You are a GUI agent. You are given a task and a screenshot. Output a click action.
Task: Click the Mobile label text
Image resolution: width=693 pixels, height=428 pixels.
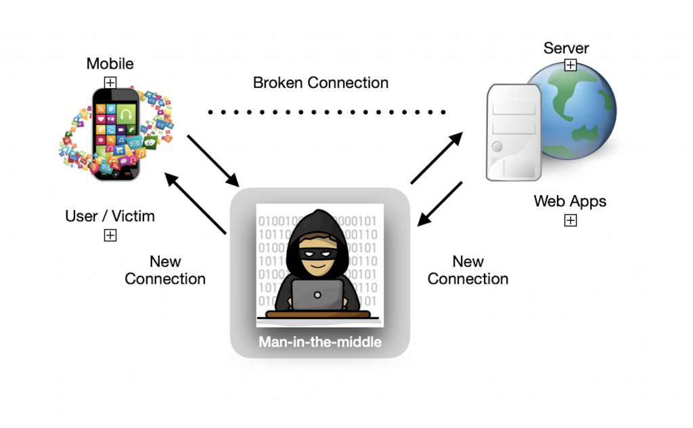[x=110, y=64]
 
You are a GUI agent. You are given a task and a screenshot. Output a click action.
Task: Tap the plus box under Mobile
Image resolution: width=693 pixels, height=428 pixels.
[x=110, y=82]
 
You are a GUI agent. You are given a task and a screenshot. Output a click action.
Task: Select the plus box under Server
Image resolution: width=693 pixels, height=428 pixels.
[x=571, y=65]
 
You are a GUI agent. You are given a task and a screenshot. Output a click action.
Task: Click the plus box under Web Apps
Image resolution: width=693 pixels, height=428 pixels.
[x=571, y=220]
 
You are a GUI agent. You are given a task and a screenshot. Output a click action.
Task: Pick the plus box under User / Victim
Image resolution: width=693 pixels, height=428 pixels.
[x=110, y=235]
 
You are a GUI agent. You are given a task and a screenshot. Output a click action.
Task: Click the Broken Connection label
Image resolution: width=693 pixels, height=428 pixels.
[x=321, y=83]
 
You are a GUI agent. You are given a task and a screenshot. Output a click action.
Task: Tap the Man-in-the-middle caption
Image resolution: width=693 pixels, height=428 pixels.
[x=320, y=342]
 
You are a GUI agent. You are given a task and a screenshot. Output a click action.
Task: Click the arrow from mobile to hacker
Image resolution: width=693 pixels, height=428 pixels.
[x=213, y=160]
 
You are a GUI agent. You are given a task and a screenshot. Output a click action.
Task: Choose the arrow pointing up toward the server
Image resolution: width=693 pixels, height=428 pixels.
[x=437, y=158]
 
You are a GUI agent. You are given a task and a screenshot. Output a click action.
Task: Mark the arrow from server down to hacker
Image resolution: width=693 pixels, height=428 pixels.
[x=440, y=203]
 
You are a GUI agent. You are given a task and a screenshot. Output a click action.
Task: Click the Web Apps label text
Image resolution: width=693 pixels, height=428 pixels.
[x=570, y=201]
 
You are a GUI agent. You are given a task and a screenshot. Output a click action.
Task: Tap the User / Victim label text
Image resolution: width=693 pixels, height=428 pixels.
[x=110, y=217]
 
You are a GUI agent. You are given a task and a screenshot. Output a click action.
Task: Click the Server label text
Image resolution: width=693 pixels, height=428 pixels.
[x=566, y=48]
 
